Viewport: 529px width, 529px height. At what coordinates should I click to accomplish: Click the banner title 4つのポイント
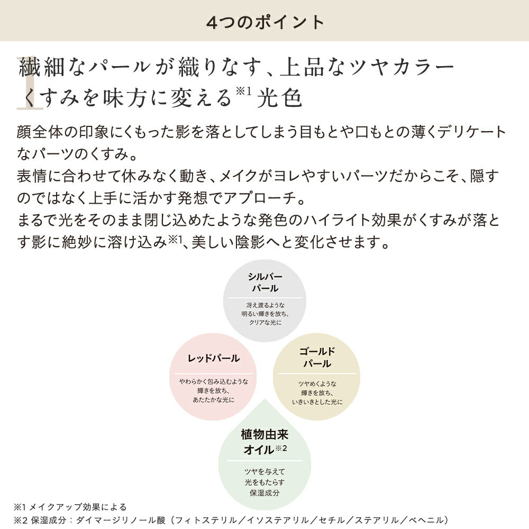click(x=265, y=22)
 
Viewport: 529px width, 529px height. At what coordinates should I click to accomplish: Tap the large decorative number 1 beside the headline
click(x=30, y=83)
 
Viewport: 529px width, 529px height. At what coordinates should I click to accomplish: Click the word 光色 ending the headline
click(x=279, y=98)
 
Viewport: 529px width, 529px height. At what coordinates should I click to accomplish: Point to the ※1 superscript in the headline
click(x=243, y=91)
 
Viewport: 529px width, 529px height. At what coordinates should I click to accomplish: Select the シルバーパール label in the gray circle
click(x=265, y=282)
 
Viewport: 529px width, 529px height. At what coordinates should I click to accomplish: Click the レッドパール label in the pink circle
click(x=214, y=358)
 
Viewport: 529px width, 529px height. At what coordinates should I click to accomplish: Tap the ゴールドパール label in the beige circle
click(x=317, y=358)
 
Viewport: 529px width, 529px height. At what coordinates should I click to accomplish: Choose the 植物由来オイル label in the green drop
click(x=264, y=442)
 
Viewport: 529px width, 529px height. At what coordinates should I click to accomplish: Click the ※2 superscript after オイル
click(x=281, y=448)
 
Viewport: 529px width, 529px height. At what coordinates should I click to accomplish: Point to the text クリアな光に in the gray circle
click(x=265, y=323)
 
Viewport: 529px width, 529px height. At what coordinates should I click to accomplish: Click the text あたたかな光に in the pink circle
click(x=214, y=400)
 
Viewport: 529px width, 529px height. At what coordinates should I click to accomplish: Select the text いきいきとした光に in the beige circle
click(x=317, y=402)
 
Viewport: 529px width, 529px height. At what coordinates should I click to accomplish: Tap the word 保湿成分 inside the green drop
click(x=264, y=493)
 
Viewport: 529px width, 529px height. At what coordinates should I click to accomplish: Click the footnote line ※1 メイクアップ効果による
click(x=70, y=507)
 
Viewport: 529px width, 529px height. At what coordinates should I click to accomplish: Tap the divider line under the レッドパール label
click(x=214, y=373)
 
